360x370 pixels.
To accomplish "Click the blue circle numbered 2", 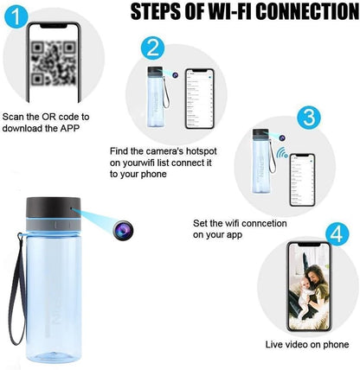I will pyautogui.click(x=152, y=48).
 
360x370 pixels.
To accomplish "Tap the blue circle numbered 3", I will pyautogui.click(x=307, y=118).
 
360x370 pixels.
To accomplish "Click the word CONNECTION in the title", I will pyautogui.click(x=294, y=13).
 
